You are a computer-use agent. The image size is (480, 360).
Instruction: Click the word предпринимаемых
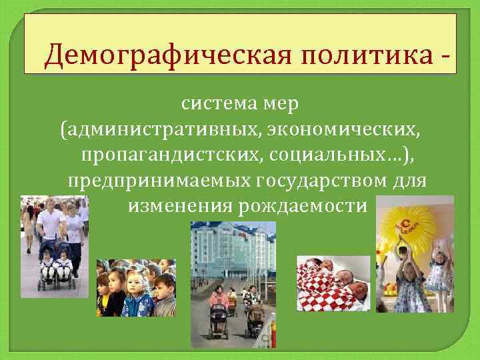pyautogui.click(x=158, y=180)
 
